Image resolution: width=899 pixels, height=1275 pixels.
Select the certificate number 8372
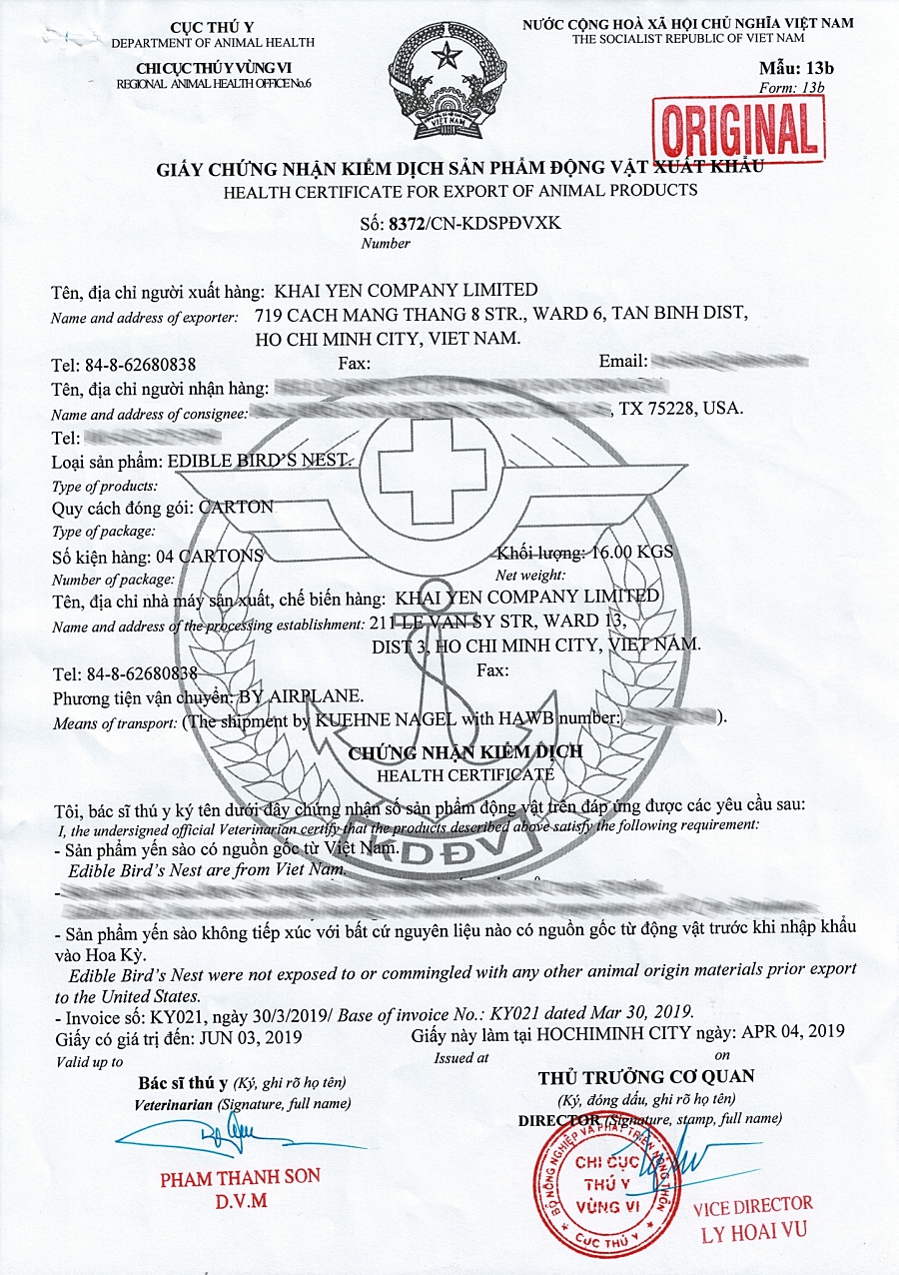(407, 223)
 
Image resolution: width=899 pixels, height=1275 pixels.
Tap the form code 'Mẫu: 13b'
(795, 68)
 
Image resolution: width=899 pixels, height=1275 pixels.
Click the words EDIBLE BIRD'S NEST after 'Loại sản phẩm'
(260, 461)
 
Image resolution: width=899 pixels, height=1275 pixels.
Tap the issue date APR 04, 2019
(790, 1031)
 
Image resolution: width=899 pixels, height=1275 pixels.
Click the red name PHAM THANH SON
(240, 1177)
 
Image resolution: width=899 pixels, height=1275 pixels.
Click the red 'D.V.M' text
(240, 1201)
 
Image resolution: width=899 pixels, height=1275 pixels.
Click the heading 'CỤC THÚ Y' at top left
(212, 25)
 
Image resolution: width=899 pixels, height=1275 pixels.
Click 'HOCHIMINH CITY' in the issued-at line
(597, 1033)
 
